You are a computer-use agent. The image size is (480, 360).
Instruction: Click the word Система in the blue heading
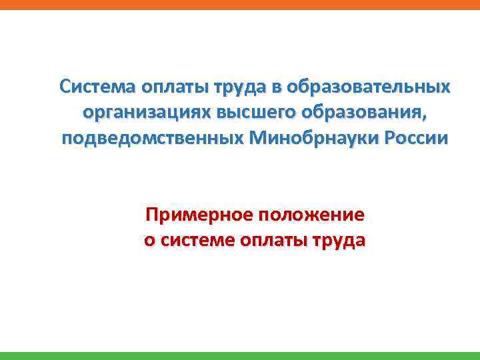(x=99, y=87)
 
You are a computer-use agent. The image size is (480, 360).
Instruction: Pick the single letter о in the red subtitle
(x=149, y=241)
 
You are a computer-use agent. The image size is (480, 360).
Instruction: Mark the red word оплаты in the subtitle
(x=275, y=241)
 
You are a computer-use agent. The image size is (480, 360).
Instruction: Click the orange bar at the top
(x=240, y=4)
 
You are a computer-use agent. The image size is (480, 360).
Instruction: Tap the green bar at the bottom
(x=240, y=355)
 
